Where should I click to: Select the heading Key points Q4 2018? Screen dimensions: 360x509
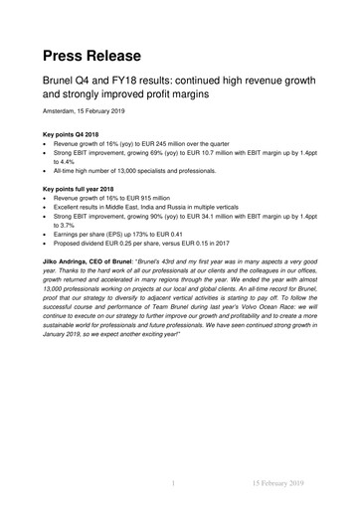click(74, 132)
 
